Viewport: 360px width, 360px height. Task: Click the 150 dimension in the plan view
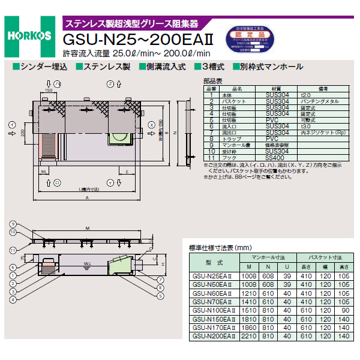pos(49,91)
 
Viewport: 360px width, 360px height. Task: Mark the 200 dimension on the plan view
pos(22,133)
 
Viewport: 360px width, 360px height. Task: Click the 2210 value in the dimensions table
pos(248,337)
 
